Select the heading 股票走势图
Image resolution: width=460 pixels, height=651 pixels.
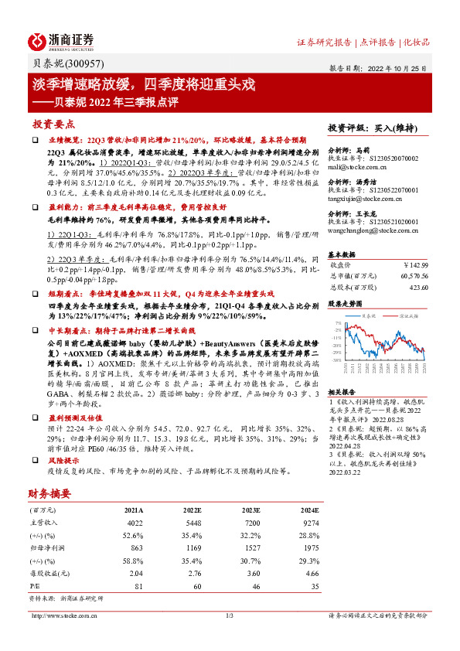345,303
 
